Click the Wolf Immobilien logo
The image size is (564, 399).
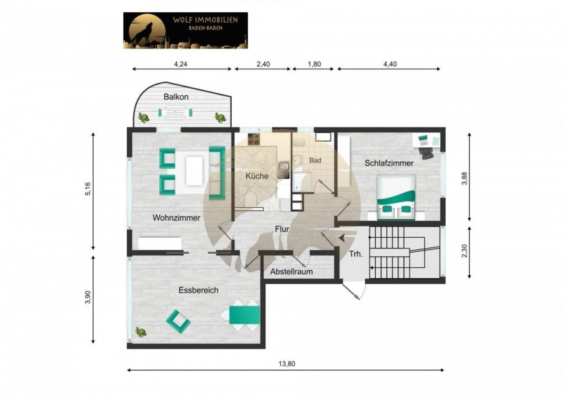(186, 30)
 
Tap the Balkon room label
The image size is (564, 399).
(175, 97)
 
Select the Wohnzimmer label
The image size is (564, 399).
(177, 217)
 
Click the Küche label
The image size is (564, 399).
(257, 176)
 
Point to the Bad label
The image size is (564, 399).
(315, 161)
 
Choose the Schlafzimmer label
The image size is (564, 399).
(389, 163)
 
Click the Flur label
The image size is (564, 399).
(281, 229)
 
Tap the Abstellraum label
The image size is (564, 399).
(291, 272)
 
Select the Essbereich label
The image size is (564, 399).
(199, 290)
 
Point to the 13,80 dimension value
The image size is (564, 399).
(287, 364)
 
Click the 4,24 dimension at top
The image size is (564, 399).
(181, 63)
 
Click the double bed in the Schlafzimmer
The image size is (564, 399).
(395, 199)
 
